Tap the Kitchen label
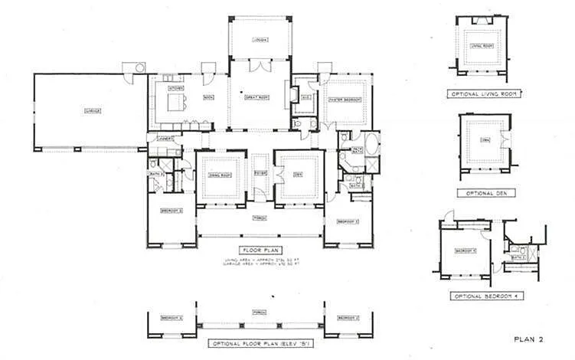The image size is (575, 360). pos(175,89)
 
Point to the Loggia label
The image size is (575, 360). pos(260,40)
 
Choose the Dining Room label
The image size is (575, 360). pos(220,175)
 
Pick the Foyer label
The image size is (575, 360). pos(260,173)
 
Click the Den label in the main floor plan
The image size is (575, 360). pos(299,175)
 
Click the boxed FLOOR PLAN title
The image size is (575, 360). pos(260,250)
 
